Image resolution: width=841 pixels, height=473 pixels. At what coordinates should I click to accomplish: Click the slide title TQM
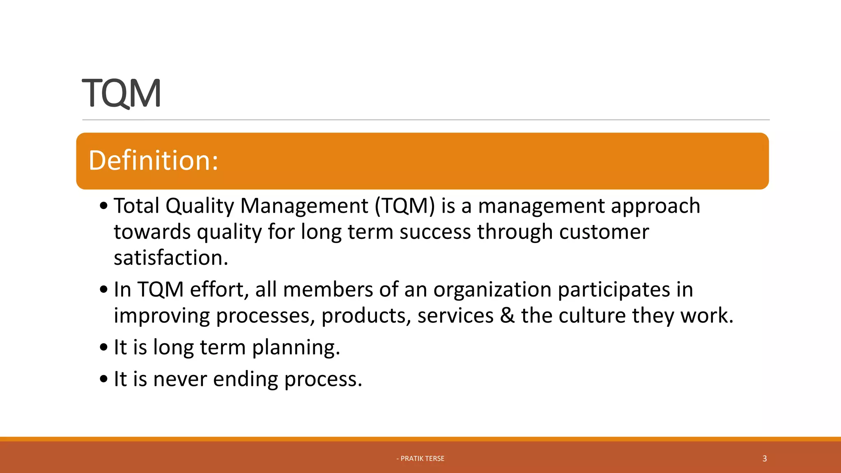coord(122,94)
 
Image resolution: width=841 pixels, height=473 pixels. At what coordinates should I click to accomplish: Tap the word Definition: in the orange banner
coord(153,161)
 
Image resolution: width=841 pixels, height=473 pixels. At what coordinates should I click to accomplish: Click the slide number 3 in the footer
coord(765,459)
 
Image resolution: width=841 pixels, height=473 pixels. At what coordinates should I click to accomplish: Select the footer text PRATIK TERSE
coord(422,459)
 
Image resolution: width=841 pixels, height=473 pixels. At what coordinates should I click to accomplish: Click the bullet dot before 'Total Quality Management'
coord(104,206)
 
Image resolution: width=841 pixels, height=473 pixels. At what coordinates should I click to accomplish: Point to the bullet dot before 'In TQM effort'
coord(104,290)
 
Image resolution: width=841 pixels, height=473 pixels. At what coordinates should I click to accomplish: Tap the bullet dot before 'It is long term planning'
coord(104,348)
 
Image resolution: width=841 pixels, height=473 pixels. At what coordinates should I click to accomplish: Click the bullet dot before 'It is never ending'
coord(104,379)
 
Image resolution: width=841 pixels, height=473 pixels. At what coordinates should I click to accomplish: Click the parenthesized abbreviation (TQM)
coord(404,206)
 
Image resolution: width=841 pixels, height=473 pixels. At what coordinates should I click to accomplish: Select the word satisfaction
coord(170,258)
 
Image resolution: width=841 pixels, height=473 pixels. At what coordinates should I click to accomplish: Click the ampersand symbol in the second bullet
coord(507,316)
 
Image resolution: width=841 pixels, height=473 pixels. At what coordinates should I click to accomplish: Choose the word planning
coord(296,348)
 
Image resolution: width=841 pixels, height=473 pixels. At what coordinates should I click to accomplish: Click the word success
coord(435,232)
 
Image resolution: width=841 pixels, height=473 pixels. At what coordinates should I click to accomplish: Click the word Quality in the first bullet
coord(200,206)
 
